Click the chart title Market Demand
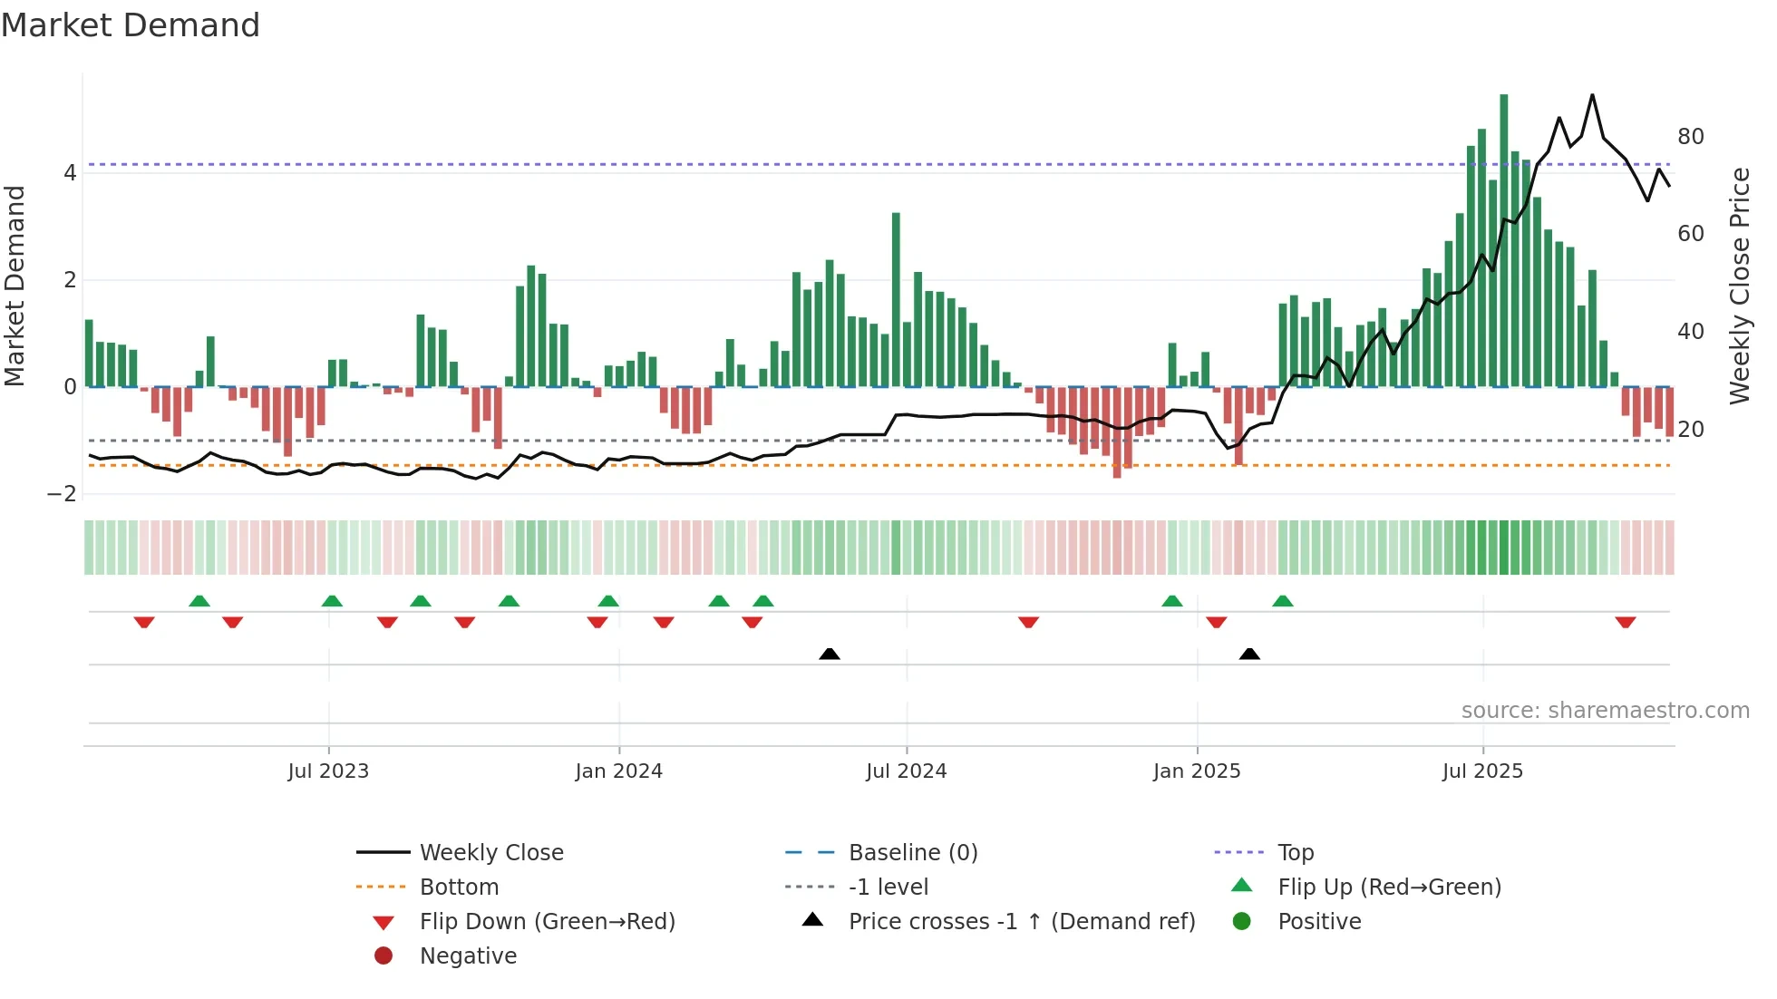131,25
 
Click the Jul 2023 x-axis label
328,771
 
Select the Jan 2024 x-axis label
618,771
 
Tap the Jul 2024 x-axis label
906,771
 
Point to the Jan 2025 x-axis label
1197,771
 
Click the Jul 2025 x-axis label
1482,771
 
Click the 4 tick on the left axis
70,173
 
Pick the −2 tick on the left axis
63,494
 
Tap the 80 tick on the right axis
1690,137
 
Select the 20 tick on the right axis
1690,430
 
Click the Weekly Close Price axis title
1739,286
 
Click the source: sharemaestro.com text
1605,711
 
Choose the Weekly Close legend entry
491,853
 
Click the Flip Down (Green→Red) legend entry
547,922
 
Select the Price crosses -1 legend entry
1021,922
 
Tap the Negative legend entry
468,956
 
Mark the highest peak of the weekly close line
1592,95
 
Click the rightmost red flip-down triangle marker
1625,622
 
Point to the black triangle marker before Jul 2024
829,654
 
